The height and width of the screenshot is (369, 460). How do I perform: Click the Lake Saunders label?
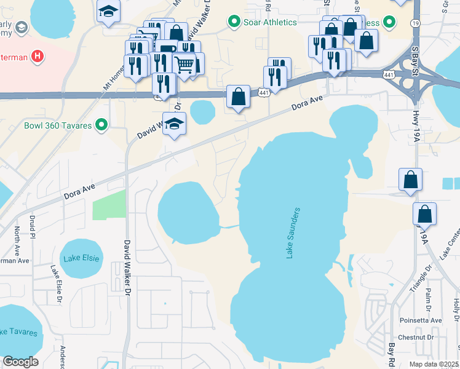tap(294, 233)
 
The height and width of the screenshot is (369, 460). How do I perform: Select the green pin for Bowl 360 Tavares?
tap(103, 126)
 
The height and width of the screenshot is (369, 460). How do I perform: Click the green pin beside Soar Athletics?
tap(234, 23)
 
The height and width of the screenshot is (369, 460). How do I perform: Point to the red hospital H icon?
tap(38, 57)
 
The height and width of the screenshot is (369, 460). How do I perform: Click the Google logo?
tap(20, 361)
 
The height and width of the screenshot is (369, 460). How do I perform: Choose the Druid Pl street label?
tap(33, 227)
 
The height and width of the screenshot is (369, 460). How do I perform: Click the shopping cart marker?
tap(184, 63)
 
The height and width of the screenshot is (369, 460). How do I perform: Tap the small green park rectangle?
tap(109, 205)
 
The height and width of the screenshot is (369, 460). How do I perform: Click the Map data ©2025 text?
tap(434, 364)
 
